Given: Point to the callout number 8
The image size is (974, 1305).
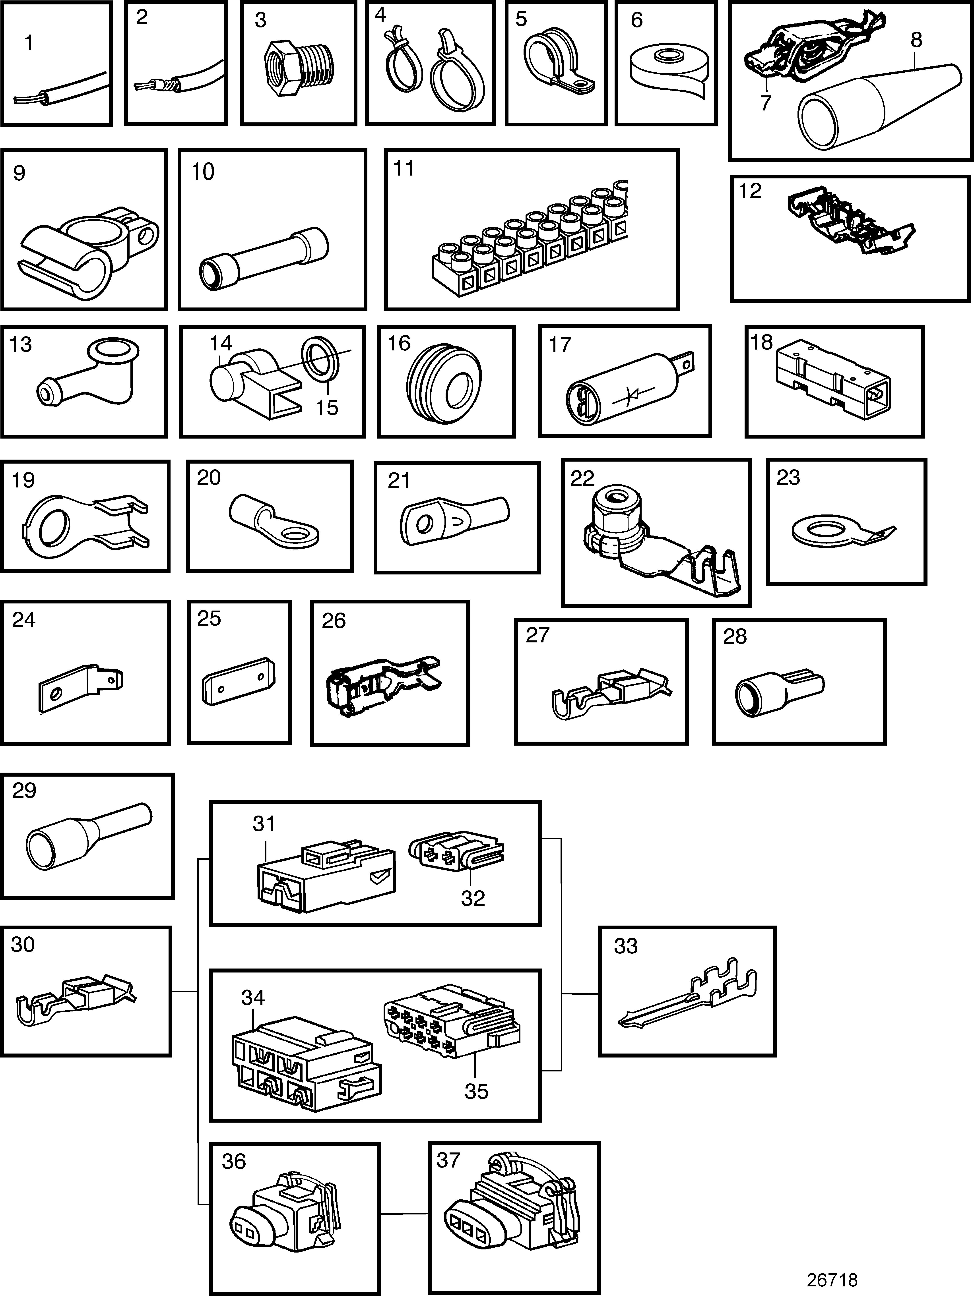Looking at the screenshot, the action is click(916, 40).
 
